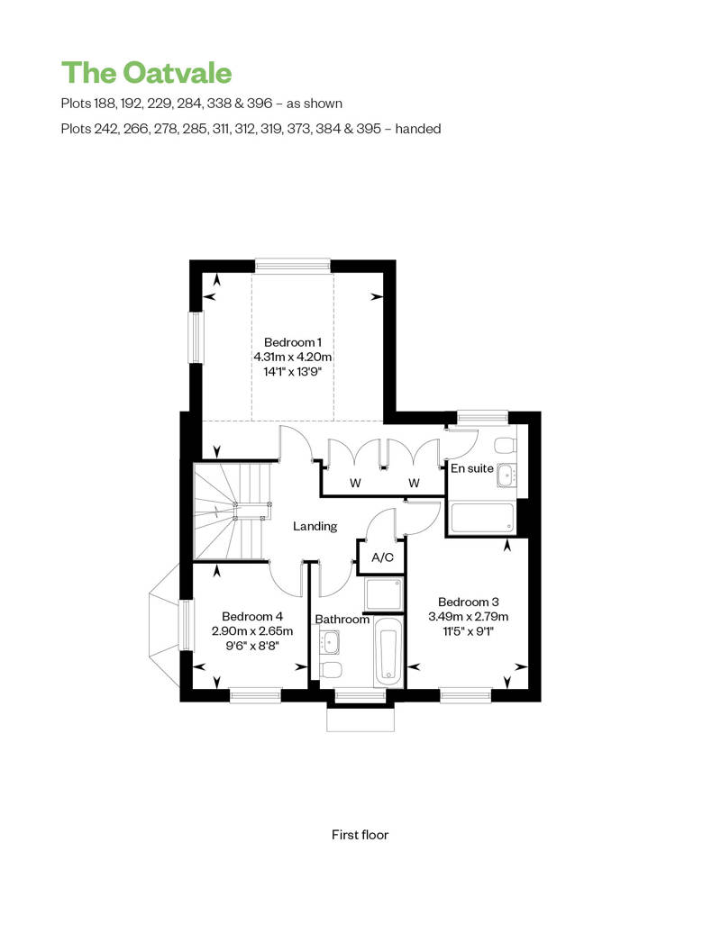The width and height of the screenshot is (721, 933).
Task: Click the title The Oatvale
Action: click(x=147, y=73)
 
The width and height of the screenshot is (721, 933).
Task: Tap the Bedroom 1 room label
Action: click(x=292, y=342)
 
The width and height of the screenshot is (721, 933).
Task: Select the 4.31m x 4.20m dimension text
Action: click(x=292, y=357)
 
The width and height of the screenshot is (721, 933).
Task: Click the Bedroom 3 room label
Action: click(x=468, y=602)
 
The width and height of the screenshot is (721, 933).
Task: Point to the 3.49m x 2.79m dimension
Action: click(x=468, y=616)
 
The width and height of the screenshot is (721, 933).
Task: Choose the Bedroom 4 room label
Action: click(x=251, y=616)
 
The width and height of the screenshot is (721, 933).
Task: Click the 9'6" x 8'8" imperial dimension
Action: click(x=251, y=646)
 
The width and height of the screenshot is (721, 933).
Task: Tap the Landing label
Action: click(x=315, y=526)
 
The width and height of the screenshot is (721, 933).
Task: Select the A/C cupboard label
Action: click(x=382, y=557)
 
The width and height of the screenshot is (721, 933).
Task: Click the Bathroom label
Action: click(x=342, y=620)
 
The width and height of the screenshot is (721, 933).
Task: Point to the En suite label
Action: click(x=471, y=468)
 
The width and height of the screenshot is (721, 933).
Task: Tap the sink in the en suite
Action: click(x=507, y=476)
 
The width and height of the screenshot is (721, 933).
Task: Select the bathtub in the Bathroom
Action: click(x=388, y=650)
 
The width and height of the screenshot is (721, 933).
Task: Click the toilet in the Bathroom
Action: click(x=331, y=669)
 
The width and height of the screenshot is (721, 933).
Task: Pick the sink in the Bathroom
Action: click(x=331, y=641)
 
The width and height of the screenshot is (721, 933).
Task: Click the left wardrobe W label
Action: click(x=355, y=483)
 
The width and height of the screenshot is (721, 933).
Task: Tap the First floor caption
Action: click(x=360, y=835)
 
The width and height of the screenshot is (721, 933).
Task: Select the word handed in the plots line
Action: click(x=418, y=129)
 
